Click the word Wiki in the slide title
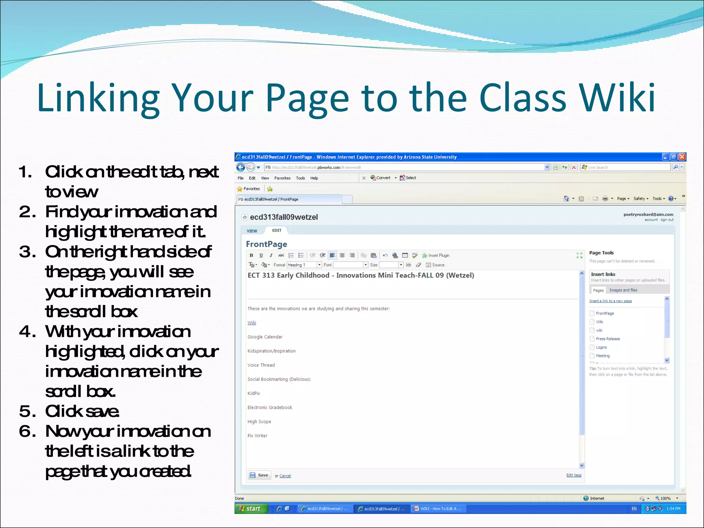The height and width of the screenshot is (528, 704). (x=617, y=98)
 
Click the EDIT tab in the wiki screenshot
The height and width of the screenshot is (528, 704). (x=277, y=230)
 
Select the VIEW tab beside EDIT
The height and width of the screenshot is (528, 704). (x=252, y=231)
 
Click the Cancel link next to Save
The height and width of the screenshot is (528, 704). (x=285, y=476)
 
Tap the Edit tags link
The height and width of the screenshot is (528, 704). (x=574, y=475)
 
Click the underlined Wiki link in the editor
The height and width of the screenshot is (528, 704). (x=252, y=323)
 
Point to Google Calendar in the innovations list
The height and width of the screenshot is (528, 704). (x=265, y=337)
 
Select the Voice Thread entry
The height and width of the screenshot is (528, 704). (x=261, y=365)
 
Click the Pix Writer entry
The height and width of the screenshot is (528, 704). (x=257, y=436)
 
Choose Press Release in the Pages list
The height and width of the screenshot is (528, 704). (x=607, y=339)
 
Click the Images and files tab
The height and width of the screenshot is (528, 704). (x=623, y=290)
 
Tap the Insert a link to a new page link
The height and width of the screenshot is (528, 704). (x=610, y=301)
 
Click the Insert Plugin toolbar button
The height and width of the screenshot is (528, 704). (x=436, y=255)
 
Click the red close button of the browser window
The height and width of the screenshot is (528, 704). (x=682, y=157)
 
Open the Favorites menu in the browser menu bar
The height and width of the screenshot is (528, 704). (x=282, y=178)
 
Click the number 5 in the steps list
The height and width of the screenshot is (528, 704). (x=25, y=411)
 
